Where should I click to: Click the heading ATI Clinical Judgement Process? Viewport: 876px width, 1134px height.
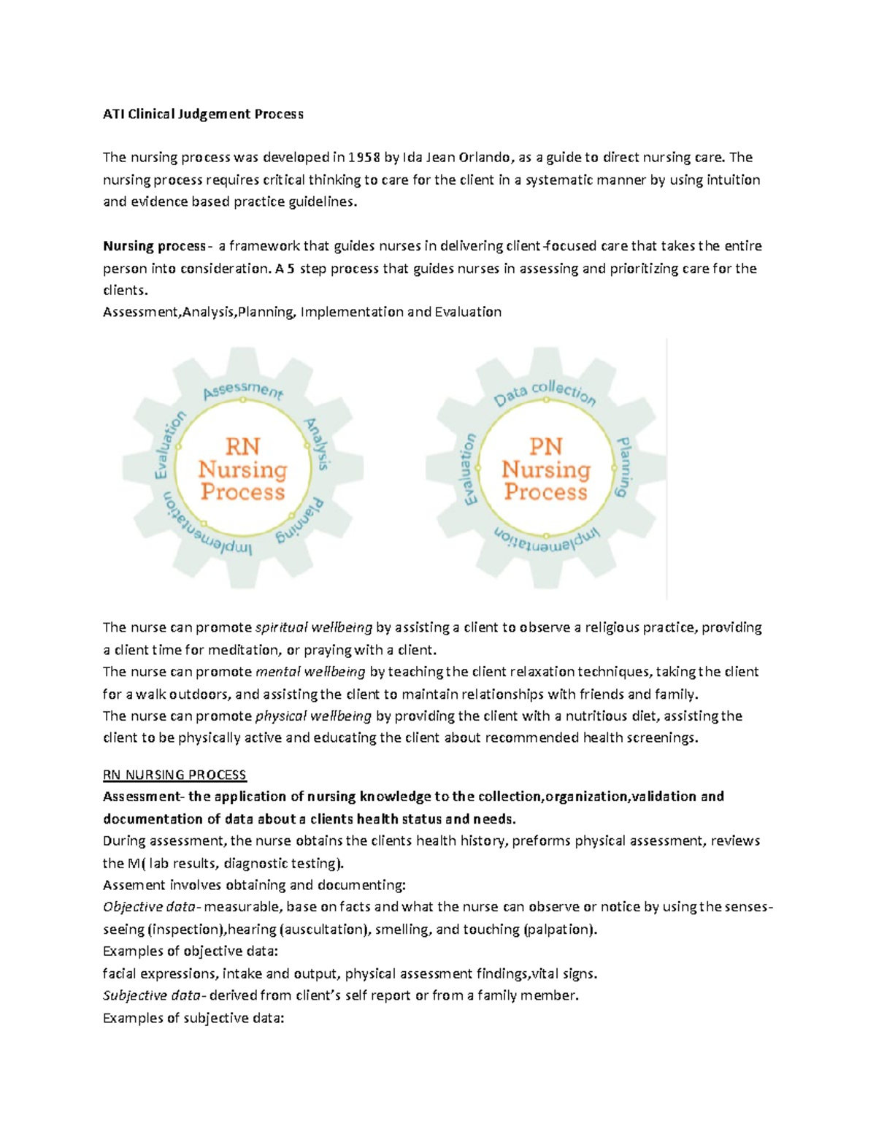(203, 114)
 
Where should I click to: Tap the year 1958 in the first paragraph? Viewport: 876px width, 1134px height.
(364, 158)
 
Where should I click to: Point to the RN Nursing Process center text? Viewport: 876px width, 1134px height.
(242, 469)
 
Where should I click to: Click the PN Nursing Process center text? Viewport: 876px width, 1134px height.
(545, 469)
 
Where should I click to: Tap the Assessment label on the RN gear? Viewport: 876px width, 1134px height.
(242, 390)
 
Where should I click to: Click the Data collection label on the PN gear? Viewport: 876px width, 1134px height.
(545, 393)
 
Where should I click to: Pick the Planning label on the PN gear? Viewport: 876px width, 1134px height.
(623, 467)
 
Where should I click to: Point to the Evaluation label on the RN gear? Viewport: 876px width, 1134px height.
(169, 445)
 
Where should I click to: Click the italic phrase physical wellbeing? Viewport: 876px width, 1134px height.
(313, 716)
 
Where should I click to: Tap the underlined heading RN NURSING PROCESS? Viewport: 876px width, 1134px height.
(174, 775)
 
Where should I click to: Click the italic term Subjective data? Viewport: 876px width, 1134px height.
(153, 995)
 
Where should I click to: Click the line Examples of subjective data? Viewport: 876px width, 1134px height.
(193, 1018)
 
